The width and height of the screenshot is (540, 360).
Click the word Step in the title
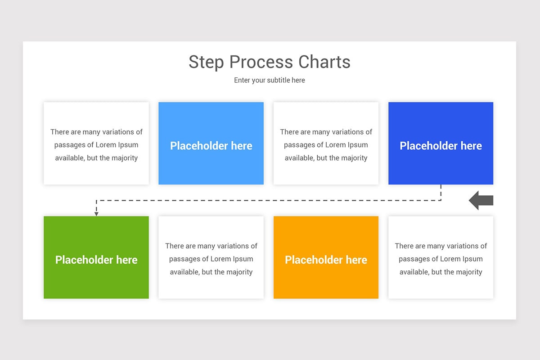coord(207,62)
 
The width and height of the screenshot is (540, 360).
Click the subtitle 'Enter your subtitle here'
coord(270,80)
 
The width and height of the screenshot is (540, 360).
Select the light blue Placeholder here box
coord(211,143)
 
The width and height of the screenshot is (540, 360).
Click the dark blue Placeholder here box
coord(441,143)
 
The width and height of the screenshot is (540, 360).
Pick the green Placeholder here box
coord(96,257)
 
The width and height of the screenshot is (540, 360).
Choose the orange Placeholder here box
coord(326,257)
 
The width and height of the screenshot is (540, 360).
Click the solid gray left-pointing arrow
coord(481,200)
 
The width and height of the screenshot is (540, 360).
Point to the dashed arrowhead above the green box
coord(96,213)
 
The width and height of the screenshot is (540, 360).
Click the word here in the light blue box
coord(242,146)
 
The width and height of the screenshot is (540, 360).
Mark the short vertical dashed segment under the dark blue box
coord(441,192)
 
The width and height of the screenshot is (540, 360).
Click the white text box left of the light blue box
coord(96,143)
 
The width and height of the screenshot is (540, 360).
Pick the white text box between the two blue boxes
coord(326,143)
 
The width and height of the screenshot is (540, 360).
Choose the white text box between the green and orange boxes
coord(211,257)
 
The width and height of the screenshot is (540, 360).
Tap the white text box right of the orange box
coord(441,257)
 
